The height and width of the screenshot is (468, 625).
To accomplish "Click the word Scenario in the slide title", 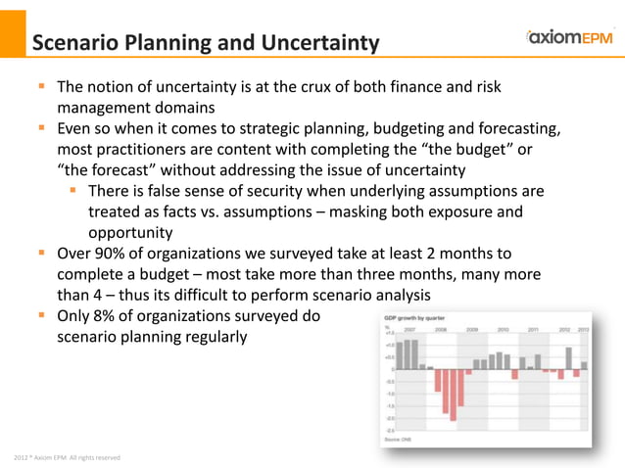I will pyautogui.click(x=76, y=43).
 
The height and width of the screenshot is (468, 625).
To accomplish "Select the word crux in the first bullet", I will pyautogui.click(x=323, y=87).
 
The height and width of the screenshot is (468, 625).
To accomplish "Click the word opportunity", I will pyautogui.click(x=131, y=232).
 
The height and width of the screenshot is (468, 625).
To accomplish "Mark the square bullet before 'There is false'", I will pyautogui.click(x=73, y=190).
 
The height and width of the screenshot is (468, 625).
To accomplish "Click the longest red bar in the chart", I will pyautogui.click(x=453, y=394).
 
